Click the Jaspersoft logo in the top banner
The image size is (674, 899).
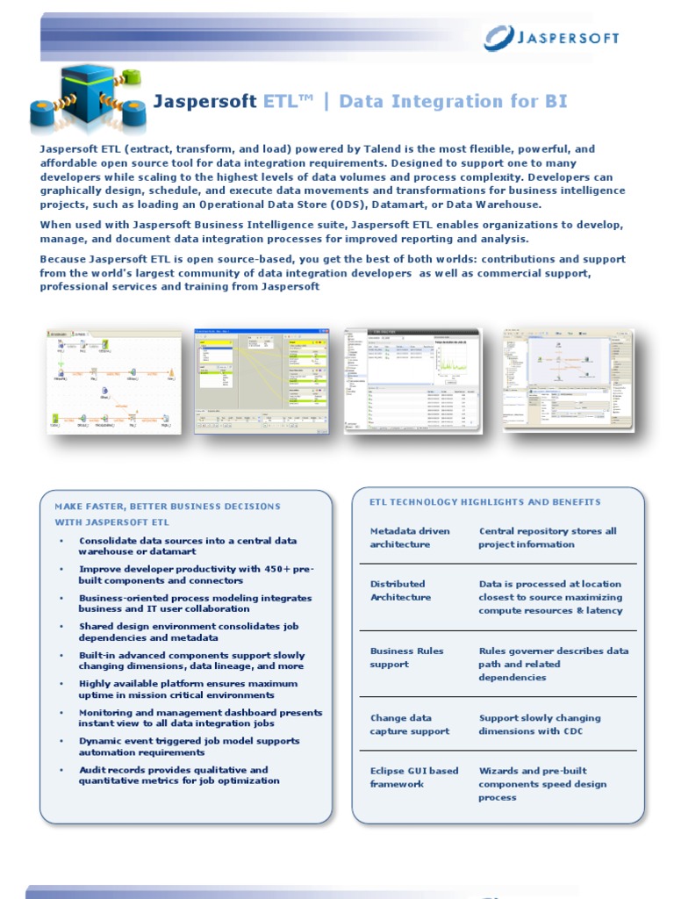[553, 38]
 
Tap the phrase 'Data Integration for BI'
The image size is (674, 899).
[453, 101]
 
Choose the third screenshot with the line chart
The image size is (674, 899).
[412, 380]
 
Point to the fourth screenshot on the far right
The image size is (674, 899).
[567, 380]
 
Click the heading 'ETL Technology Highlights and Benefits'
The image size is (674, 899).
[485, 502]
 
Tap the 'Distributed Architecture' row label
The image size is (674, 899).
[400, 590]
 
